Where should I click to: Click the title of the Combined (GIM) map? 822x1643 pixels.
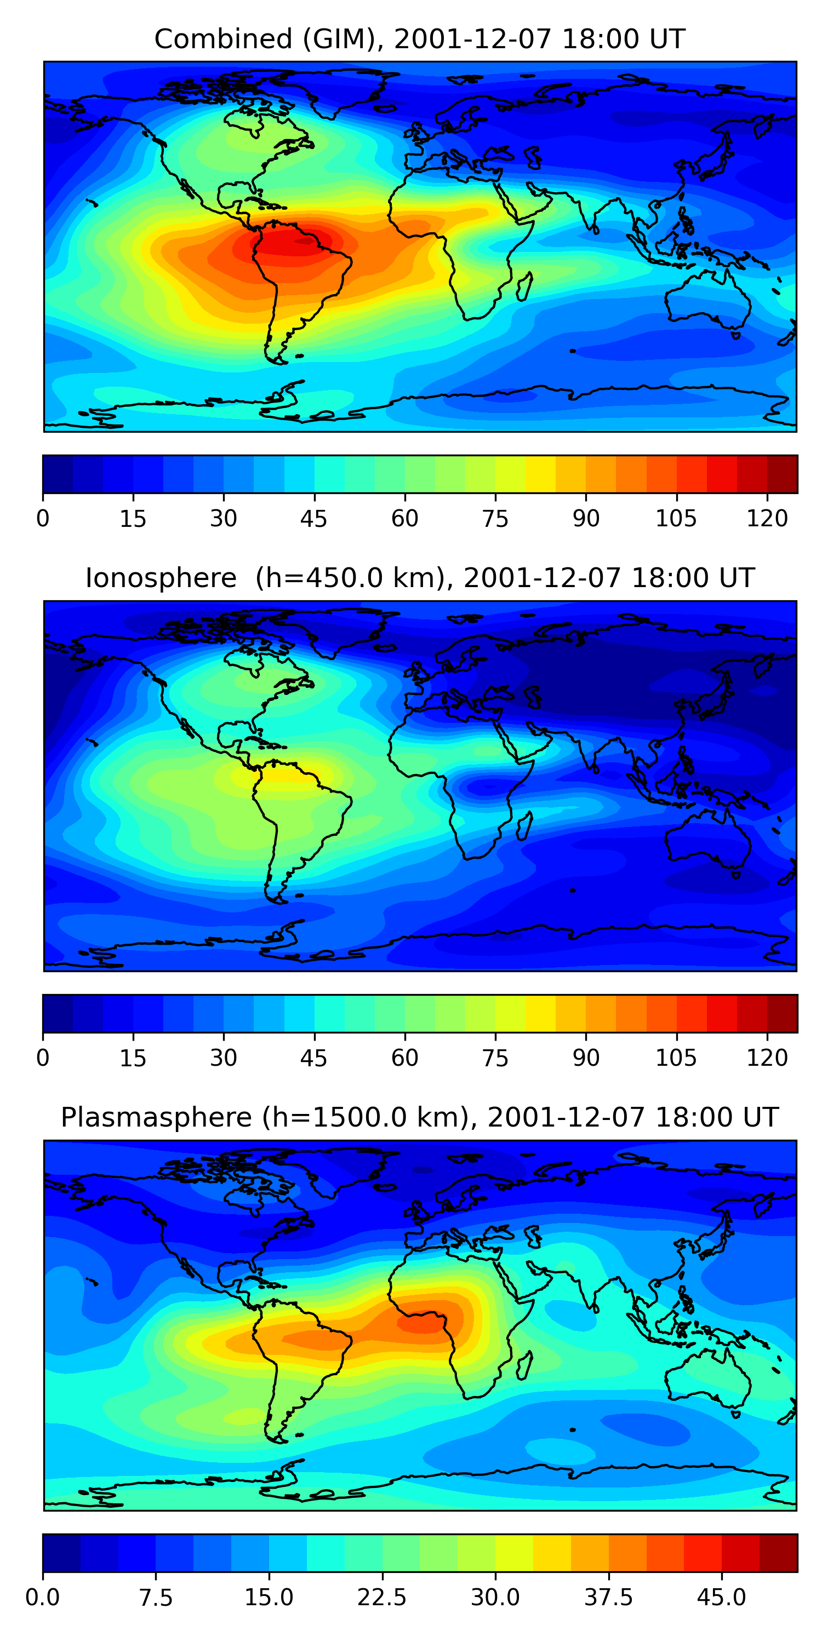419,39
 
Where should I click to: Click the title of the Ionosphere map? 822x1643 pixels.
419,578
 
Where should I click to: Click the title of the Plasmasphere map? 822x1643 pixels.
419,1117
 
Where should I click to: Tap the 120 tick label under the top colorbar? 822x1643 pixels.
767,519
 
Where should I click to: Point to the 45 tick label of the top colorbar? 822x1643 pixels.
313,519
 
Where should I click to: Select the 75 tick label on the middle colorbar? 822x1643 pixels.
495,1058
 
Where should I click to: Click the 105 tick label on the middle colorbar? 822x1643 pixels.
676,1058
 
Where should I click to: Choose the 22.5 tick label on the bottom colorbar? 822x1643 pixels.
381,1598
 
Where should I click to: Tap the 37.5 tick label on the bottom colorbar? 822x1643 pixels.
608,1598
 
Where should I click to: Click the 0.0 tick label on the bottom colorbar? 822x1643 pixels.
43,1598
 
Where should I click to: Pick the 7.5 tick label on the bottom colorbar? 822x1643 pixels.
156,1598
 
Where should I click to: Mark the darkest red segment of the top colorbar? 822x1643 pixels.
782,474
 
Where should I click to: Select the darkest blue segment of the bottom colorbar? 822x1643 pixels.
61,1553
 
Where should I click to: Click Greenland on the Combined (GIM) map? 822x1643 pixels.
345,93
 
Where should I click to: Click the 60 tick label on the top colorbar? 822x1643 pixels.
404,519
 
